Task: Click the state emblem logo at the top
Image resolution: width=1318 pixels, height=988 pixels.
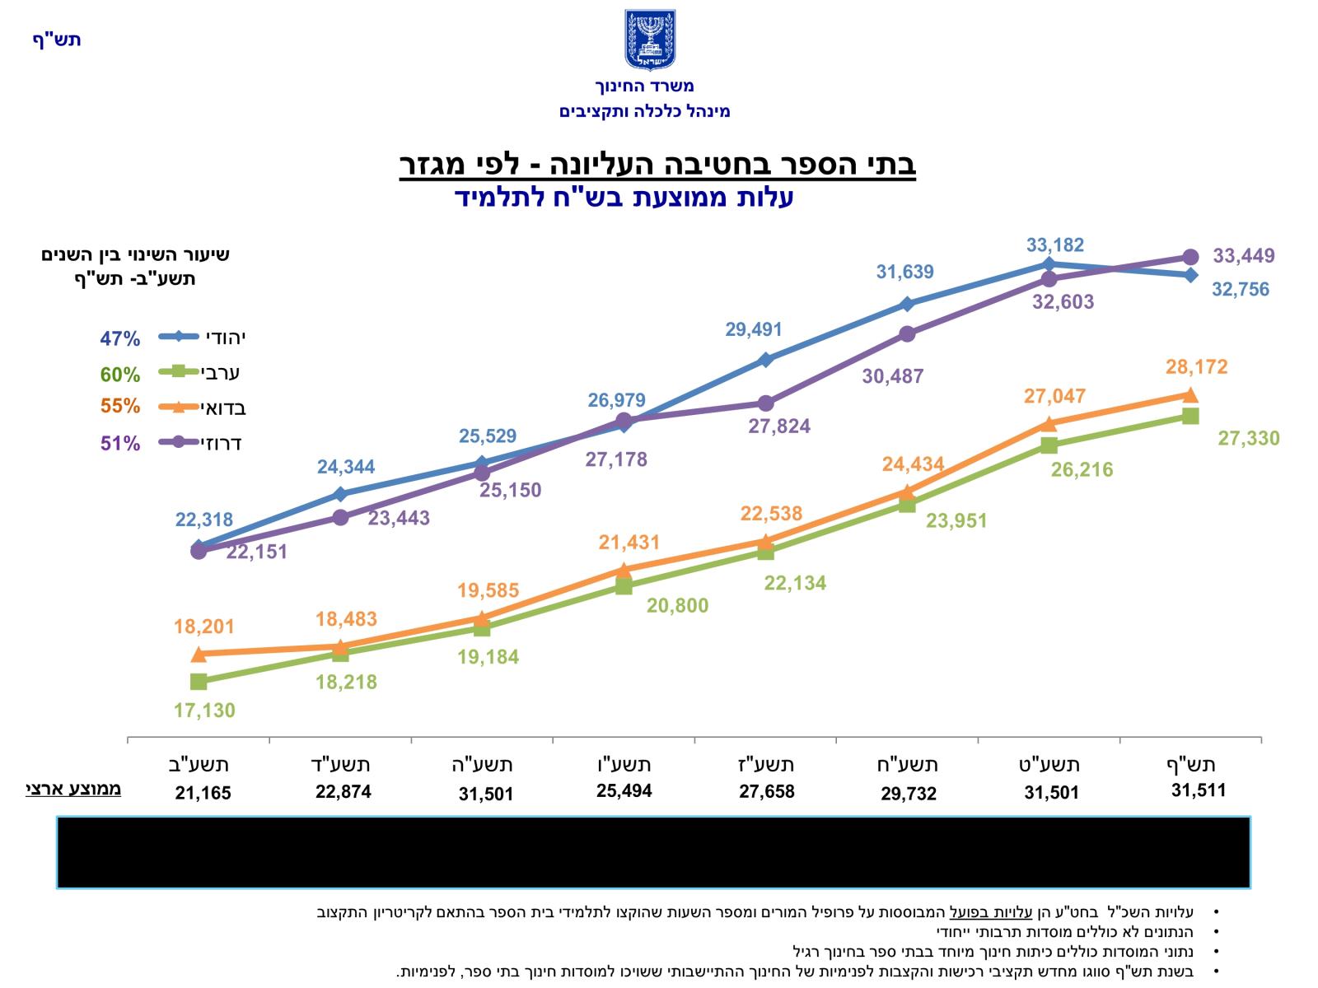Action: click(x=650, y=40)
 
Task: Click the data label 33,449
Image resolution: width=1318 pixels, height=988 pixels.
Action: click(x=1243, y=256)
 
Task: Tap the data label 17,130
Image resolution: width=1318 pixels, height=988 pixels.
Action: click(x=204, y=710)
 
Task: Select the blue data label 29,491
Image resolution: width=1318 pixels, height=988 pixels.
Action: click(x=754, y=329)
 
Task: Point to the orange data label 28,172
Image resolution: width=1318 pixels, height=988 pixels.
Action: click(x=1196, y=366)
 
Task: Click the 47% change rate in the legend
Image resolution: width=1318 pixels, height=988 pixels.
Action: click(x=120, y=338)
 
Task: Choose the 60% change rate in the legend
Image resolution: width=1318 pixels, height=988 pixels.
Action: click(x=120, y=375)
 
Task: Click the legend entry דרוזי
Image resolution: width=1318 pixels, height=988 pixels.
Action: click(x=221, y=443)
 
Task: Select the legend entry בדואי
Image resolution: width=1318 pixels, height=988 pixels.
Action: click(x=222, y=407)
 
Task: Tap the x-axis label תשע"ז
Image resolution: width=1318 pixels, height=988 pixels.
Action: click(x=766, y=764)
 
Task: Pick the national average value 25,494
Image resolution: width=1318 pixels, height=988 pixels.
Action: click(x=624, y=791)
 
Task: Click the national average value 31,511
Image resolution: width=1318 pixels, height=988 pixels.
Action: click(x=1199, y=790)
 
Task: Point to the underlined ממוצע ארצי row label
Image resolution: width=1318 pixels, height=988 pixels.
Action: click(x=73, y=789)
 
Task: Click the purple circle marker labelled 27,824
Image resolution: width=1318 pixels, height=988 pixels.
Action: click(x=765, y=403)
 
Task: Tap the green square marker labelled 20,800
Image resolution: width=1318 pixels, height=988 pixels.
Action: click(x=624, y=586)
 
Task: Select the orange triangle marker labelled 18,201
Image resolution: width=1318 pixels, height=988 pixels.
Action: click(x=199, y=655)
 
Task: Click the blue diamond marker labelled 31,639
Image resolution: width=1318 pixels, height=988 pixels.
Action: click(x=907, y=304)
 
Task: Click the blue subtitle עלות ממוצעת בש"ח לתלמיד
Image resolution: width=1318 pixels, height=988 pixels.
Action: click(x=624, y=198)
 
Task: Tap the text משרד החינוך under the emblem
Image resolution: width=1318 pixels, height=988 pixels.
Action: click(x=644, y=86)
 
